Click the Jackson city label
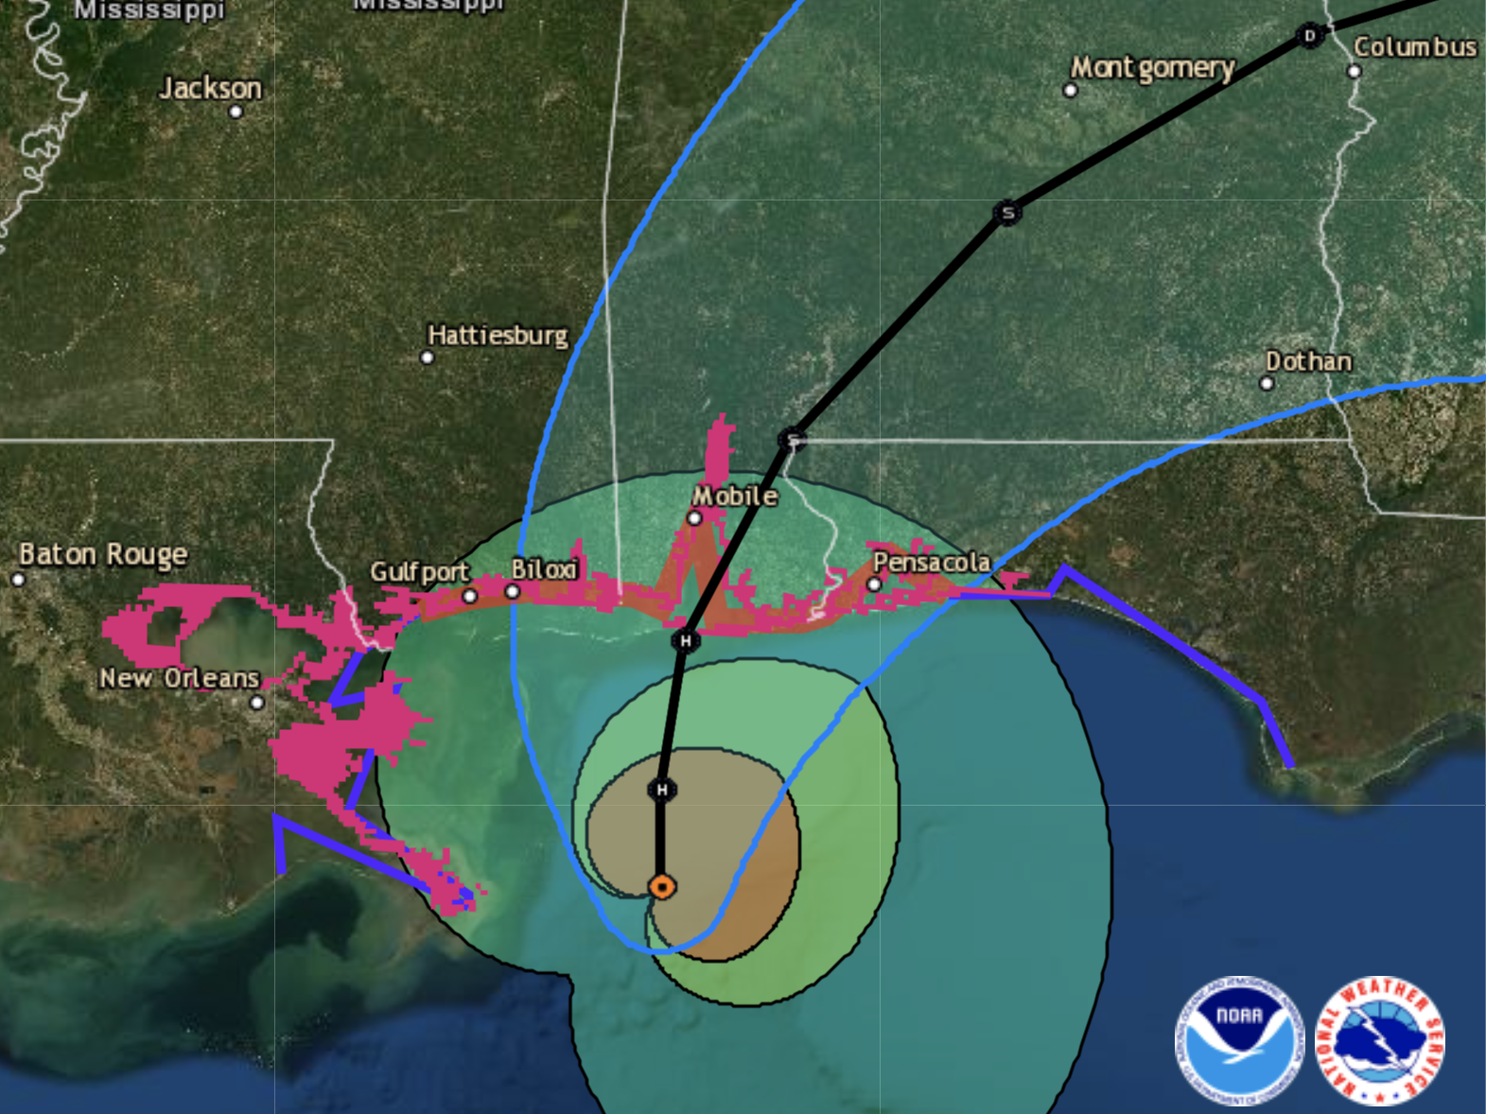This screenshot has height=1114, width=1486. pos(210,88)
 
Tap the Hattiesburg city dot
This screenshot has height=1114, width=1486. pos(427,357)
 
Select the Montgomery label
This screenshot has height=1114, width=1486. pos(1152,67)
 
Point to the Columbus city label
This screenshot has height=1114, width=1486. pos(1414,46)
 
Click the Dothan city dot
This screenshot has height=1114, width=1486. pos(1267,383)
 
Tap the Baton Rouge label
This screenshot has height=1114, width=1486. pos(103,553)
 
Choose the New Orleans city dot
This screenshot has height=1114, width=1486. pos(256,703)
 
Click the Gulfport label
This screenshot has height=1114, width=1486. pos(419,571)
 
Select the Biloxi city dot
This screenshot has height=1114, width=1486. pos(512,592)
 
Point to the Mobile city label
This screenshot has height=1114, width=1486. pos(735,496)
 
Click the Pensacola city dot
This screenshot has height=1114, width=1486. pos(874,584)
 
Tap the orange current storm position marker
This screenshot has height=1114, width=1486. pos(662,887)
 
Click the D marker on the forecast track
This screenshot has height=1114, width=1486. pos(1309,37)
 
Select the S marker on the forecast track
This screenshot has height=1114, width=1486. pos(1007,213)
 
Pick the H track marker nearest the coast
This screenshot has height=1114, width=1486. pos(686,641)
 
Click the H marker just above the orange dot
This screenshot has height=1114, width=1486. pos(662,790)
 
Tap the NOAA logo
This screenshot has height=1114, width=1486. pos(1238,1040)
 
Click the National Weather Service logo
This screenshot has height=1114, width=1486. pos(1380,1040)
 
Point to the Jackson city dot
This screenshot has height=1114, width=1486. pos(236,112)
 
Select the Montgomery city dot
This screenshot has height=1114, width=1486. pos(1070,91)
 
